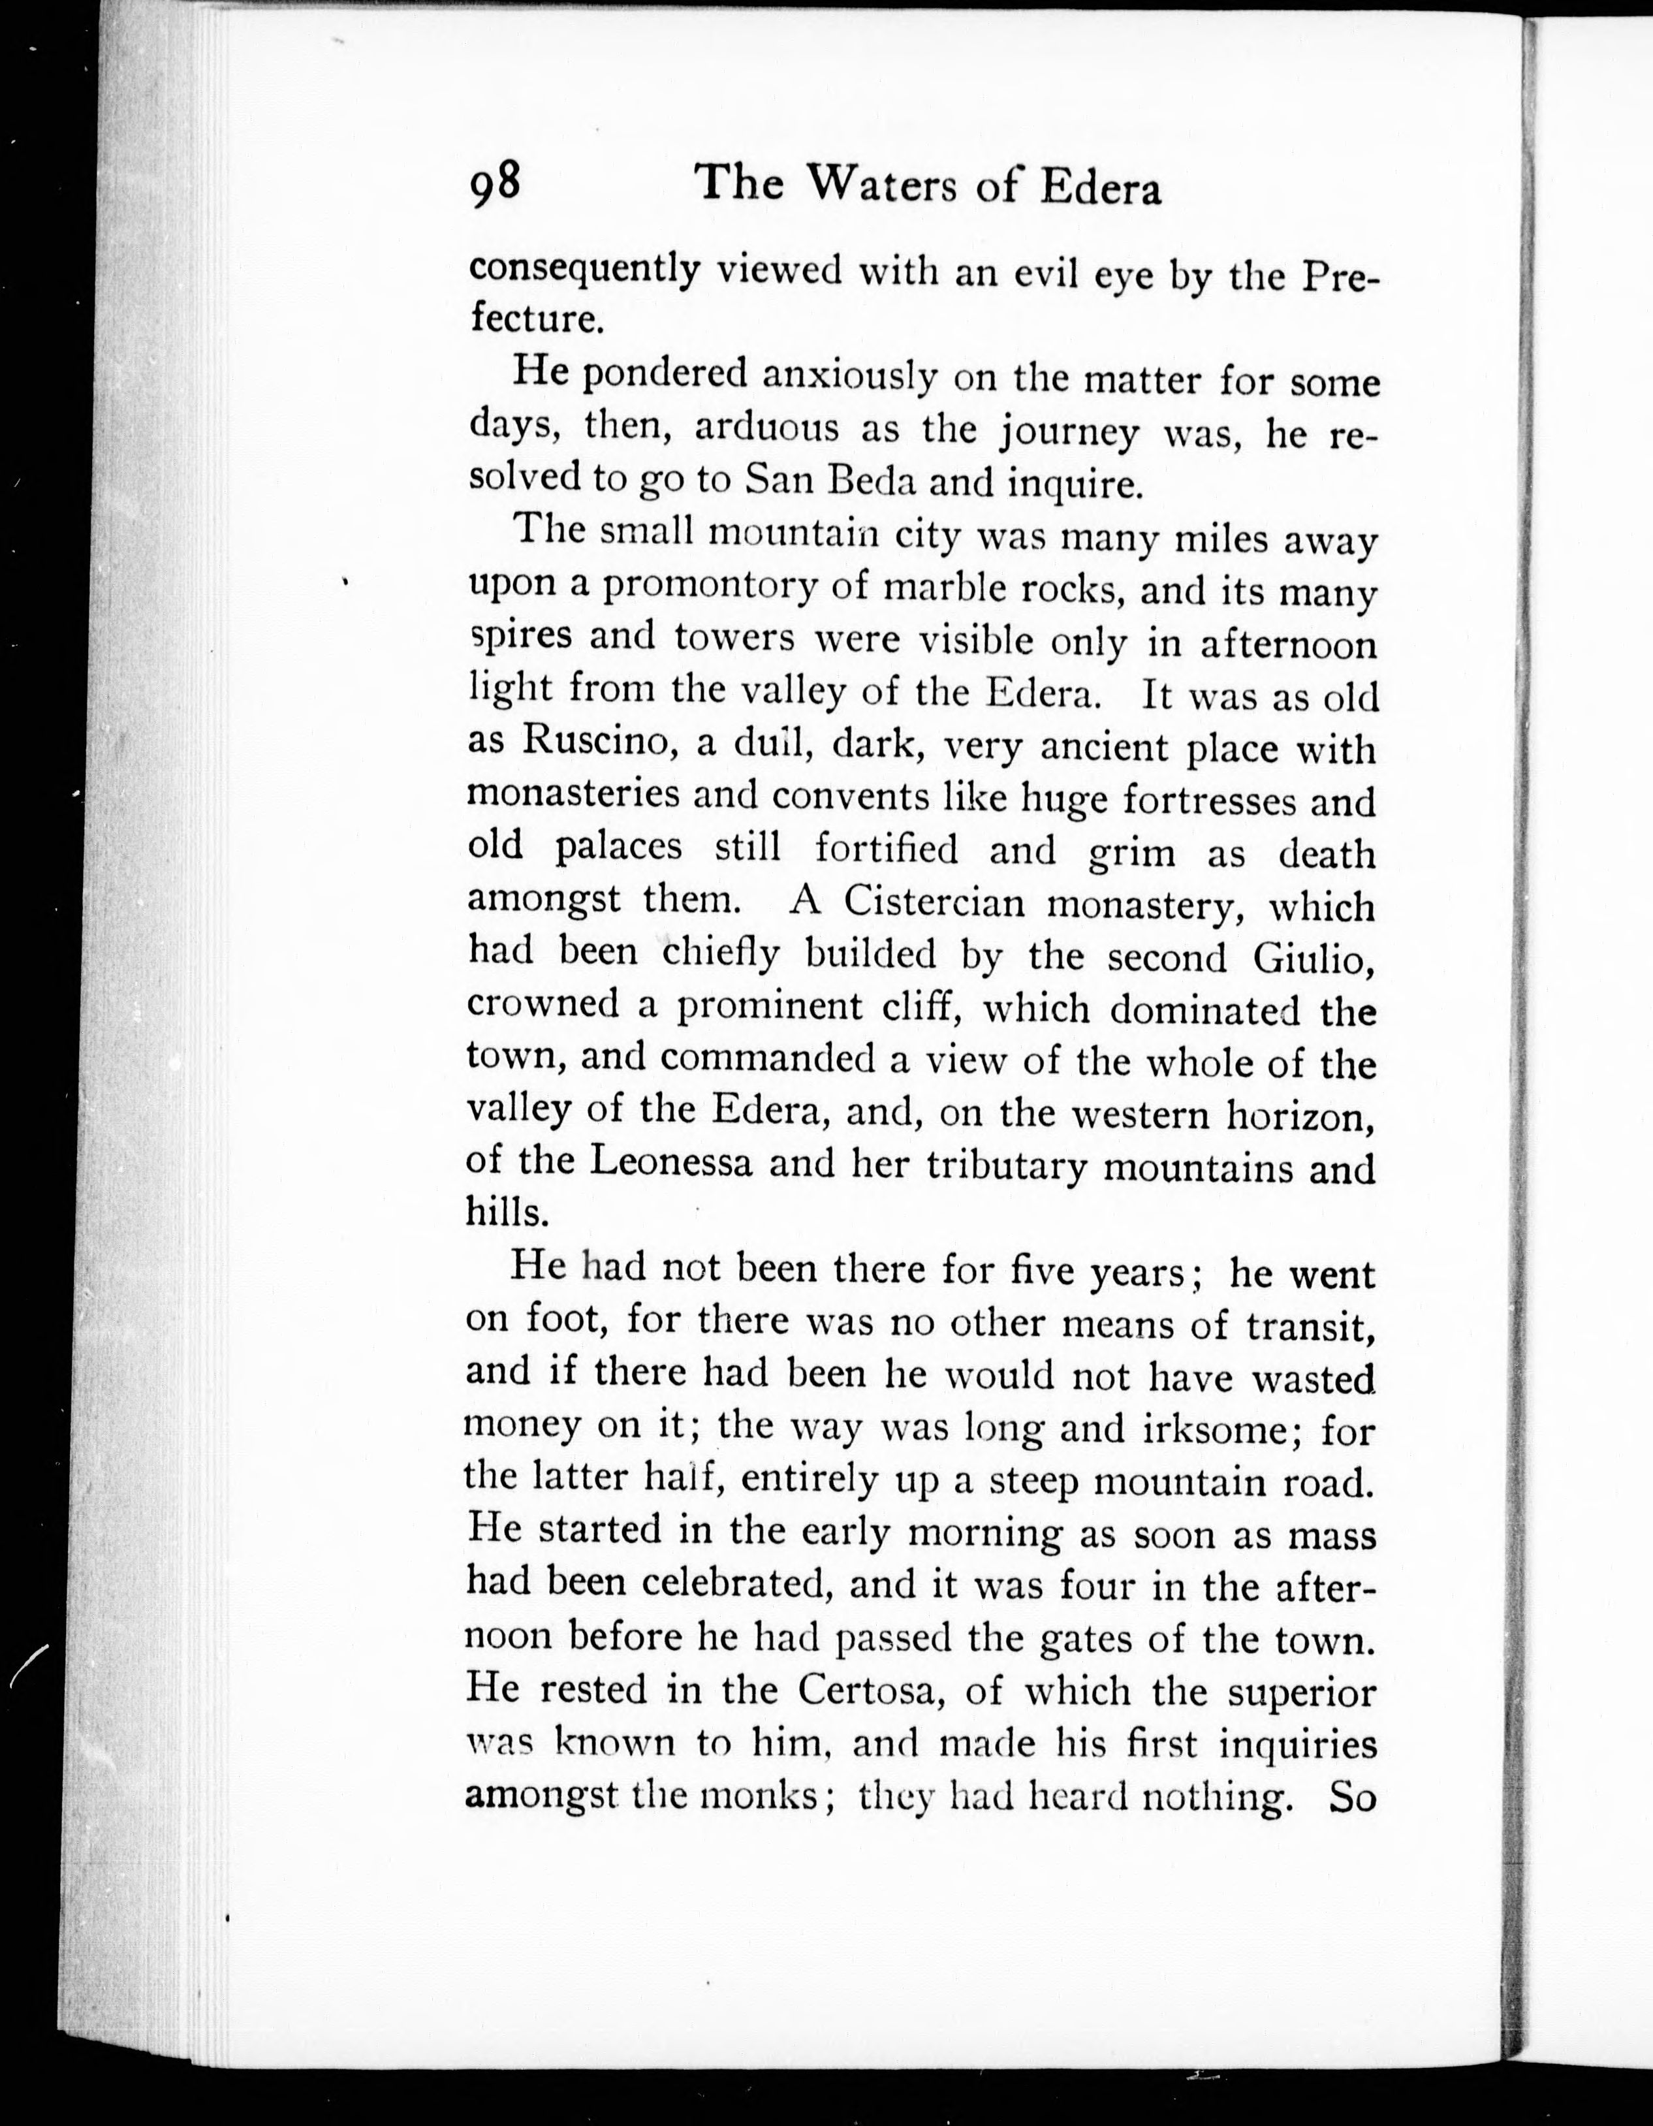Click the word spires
coord(516,638)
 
